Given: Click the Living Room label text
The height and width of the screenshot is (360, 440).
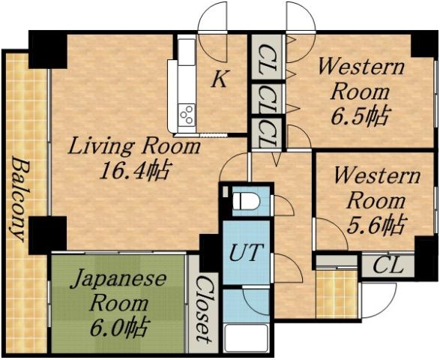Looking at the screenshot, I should tap(135, 145).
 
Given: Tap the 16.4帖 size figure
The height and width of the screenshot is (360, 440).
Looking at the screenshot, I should tap(135, 170).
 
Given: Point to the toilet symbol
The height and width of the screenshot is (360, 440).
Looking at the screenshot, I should tap(244, 202).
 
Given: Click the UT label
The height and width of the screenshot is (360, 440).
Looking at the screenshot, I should tap(246, 253).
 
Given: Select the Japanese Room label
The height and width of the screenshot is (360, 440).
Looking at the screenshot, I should tap(118, 291).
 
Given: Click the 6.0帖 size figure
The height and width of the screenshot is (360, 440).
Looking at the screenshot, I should tap(118, 326).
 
